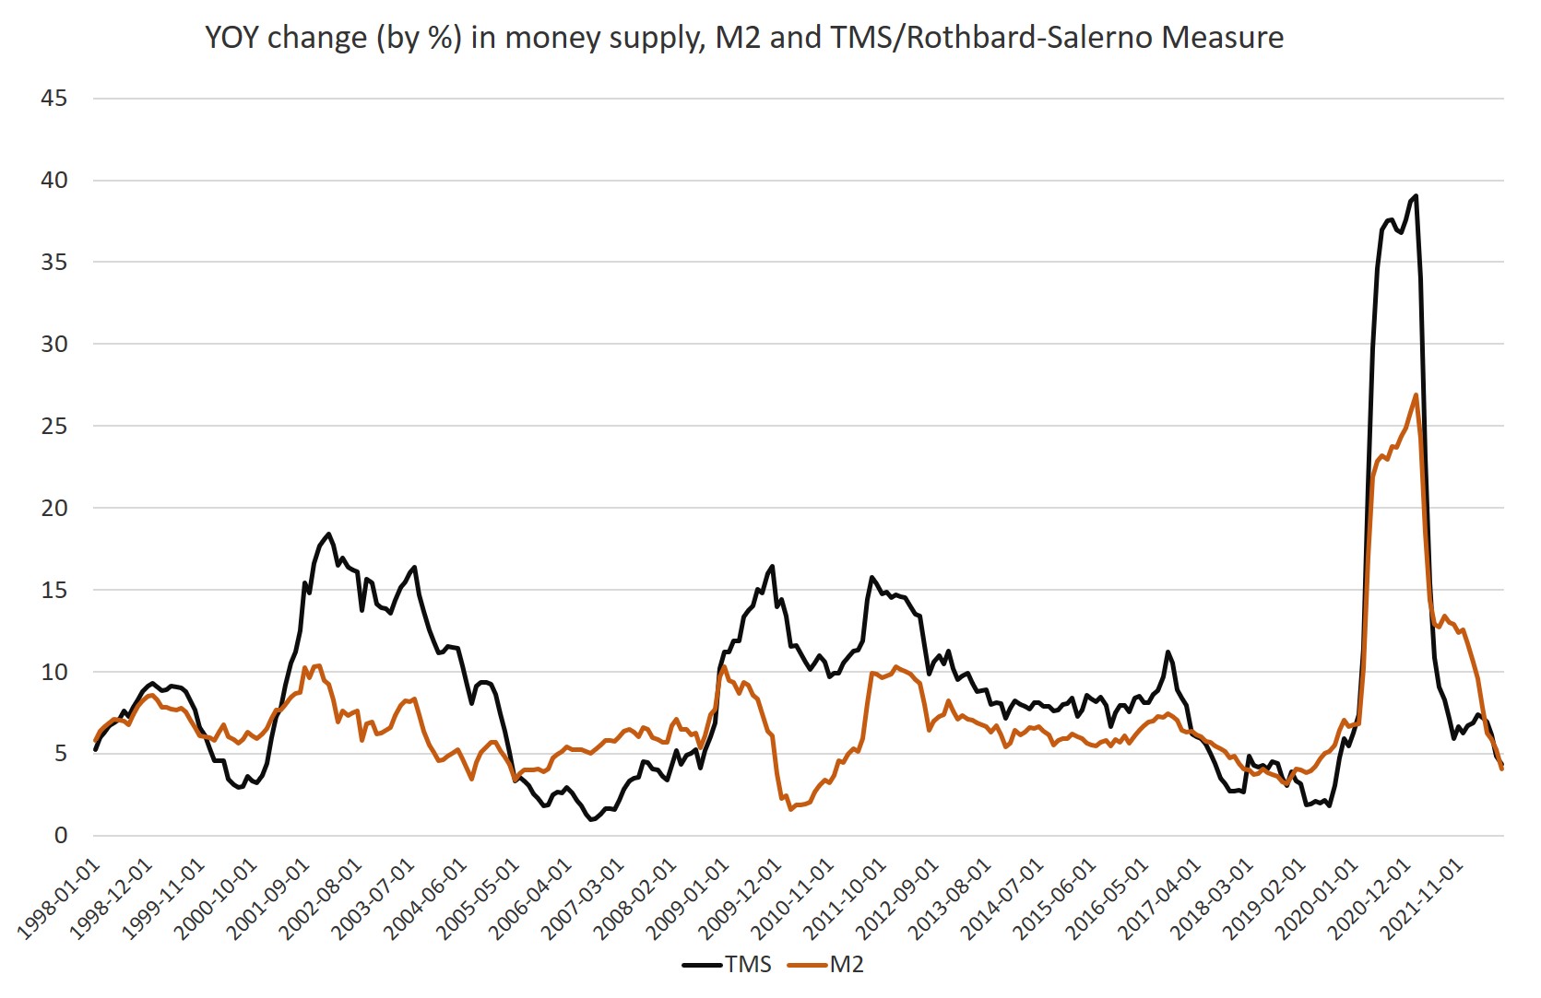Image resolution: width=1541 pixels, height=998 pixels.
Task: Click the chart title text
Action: point(743,38)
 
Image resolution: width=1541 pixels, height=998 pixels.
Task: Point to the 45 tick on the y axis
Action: point(54,99)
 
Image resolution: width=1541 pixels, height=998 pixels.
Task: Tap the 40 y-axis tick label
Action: point(54,181)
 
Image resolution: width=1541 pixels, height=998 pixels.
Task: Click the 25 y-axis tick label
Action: point(54,426)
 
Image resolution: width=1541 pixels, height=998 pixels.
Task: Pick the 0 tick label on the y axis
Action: point(61,836)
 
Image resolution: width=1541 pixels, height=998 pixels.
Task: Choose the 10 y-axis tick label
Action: point(54,672)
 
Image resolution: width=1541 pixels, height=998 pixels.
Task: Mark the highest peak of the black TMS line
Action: point(1416,196)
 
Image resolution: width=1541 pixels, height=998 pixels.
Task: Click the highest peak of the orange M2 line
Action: point(1416,395)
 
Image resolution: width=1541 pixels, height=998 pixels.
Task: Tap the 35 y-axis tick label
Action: point(54,263)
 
